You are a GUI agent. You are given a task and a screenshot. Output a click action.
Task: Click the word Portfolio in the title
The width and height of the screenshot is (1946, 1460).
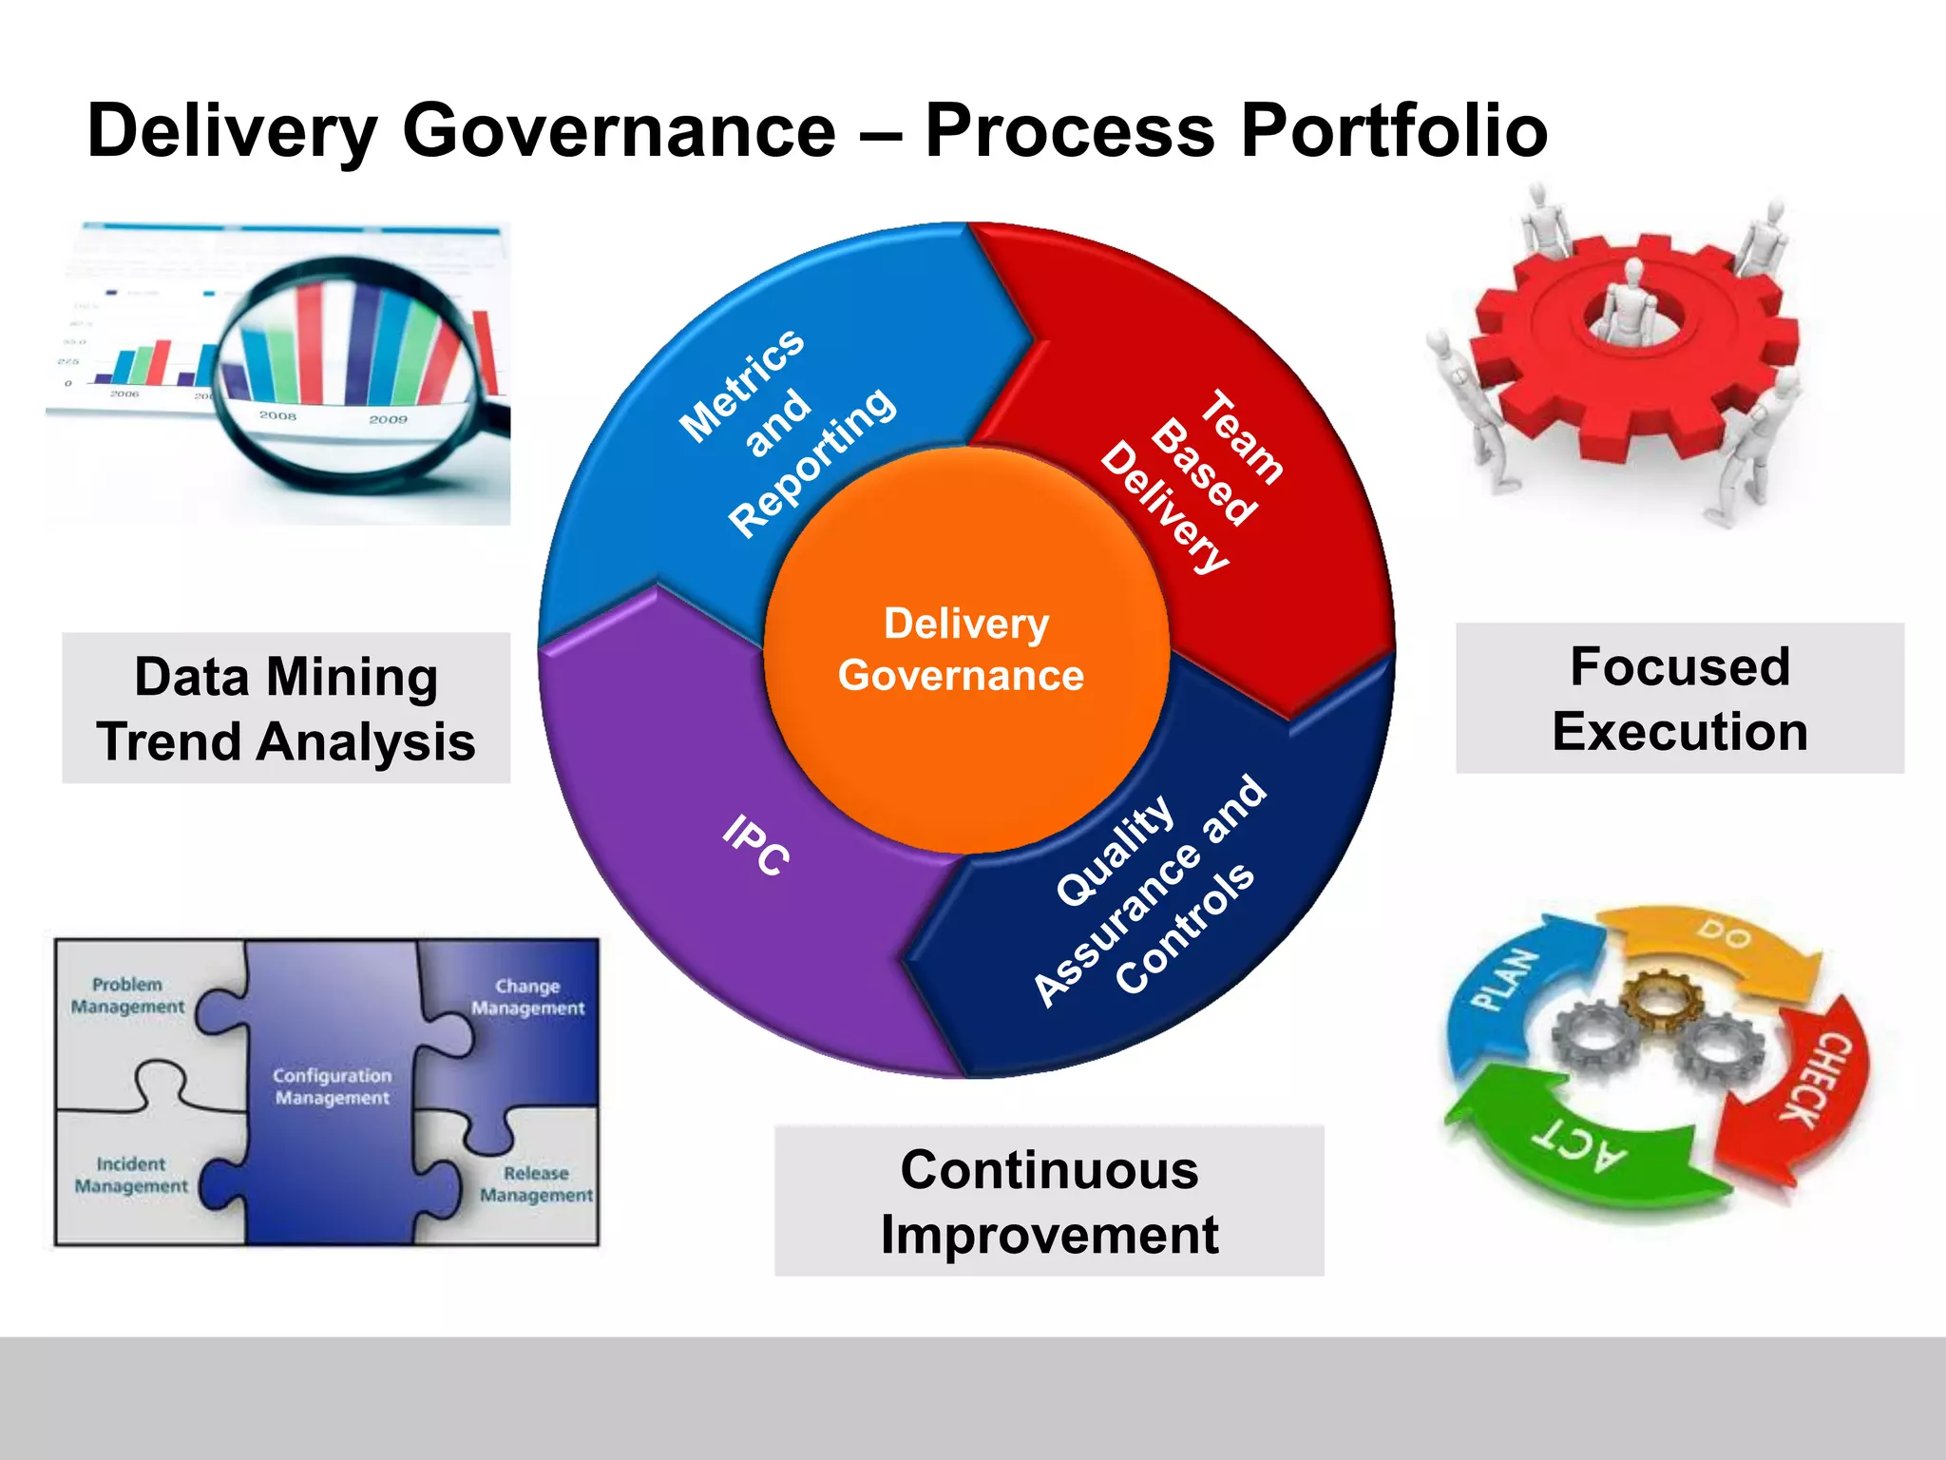point(1394,131)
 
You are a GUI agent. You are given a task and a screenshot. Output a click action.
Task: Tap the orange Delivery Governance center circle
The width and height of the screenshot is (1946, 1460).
point(964,651)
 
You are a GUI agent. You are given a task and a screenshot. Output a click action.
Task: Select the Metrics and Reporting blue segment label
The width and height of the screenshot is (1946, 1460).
point(787,432)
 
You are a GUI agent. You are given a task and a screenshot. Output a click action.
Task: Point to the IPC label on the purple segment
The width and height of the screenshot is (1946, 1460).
point(755,845)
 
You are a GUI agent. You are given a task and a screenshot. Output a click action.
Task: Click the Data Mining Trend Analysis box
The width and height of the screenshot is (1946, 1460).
point(286,708)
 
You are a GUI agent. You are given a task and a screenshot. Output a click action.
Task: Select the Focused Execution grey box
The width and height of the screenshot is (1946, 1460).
point(1679,699)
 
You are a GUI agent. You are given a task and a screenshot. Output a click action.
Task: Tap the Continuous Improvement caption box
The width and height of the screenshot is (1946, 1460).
point(1049,1201)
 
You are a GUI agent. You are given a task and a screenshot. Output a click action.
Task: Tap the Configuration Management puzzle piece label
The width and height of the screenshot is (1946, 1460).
point(332,1086)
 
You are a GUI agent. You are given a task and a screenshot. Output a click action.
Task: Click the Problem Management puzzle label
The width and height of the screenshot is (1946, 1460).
point(127,995)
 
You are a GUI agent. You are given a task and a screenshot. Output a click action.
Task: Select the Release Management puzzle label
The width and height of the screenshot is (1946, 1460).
point(536,1184)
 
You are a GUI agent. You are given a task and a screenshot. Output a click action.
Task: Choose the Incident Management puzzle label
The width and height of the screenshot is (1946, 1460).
point(131,1175)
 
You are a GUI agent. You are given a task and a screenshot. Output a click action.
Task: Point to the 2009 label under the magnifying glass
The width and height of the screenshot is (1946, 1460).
point(388,419)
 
